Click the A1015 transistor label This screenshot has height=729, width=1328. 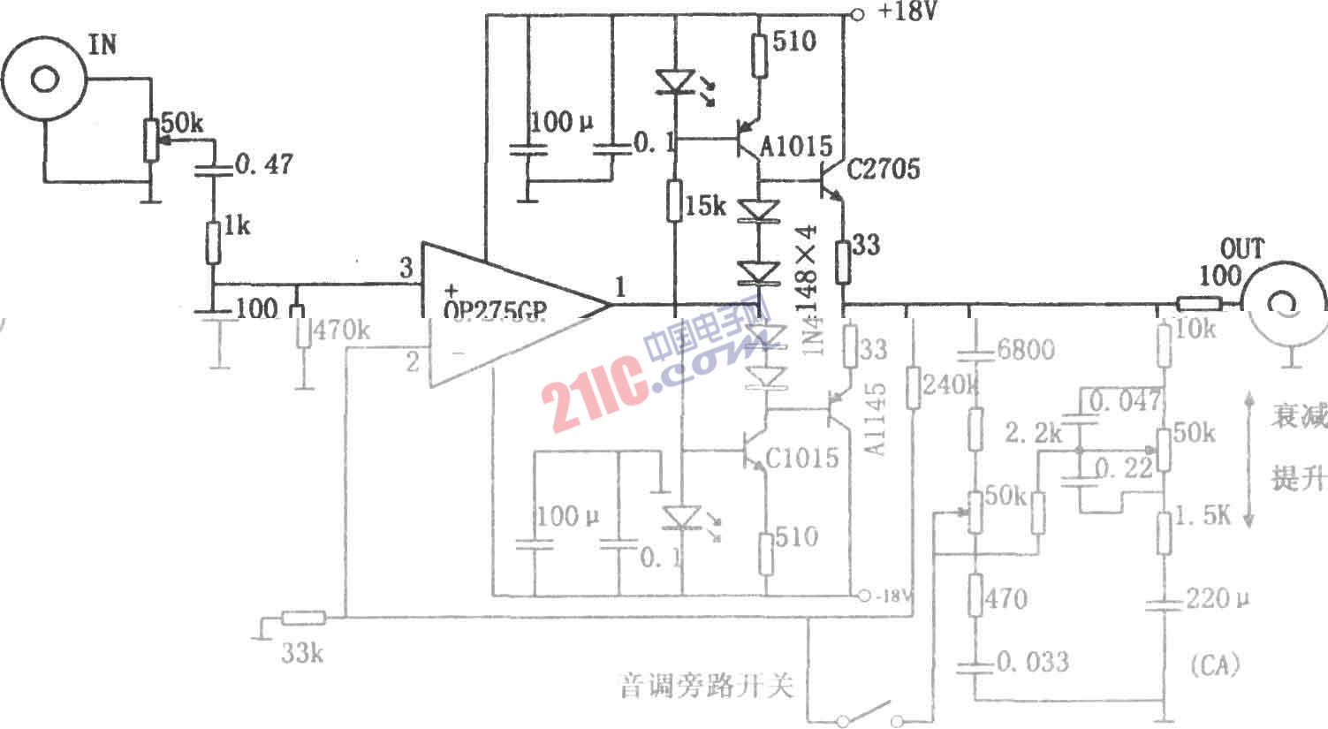click(796, 146)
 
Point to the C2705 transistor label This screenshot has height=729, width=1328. click(883, 168)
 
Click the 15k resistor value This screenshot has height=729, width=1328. click(705, 206)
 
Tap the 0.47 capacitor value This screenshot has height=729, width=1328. click(264, 165)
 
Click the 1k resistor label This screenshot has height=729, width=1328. click(236, 226)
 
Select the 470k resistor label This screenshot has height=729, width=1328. click(342, 331)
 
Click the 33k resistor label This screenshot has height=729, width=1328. click(302, 653)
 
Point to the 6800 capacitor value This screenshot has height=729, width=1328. click(1025, 350)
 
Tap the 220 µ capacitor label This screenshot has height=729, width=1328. click(1218, 599)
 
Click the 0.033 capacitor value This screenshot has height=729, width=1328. click(1032, 661)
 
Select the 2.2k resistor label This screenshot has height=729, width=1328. click(1033, 432)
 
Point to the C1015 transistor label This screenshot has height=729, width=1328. click(801, 457)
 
